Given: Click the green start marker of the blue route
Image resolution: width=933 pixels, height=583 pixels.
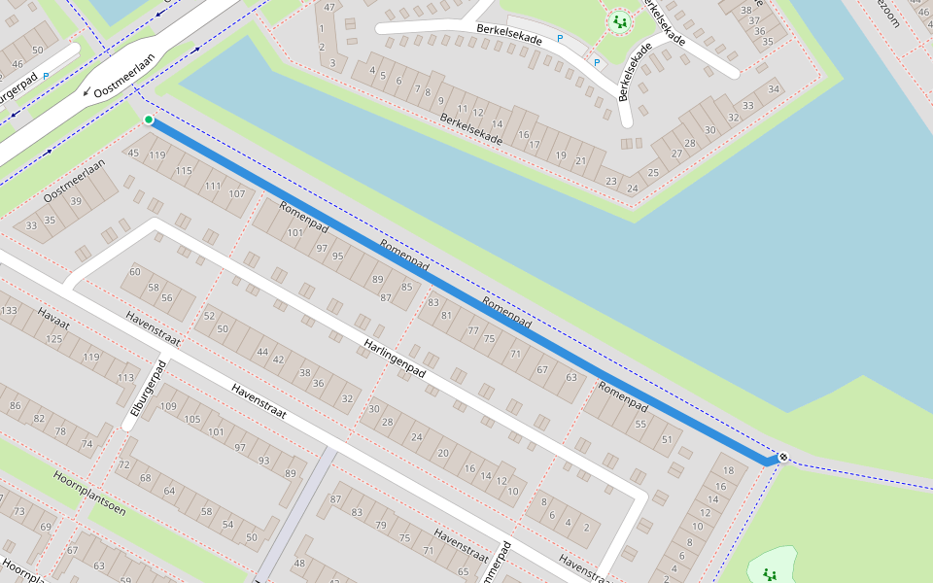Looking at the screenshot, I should coord(149,120).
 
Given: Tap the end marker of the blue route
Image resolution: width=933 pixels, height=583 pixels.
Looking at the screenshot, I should coord(782,458).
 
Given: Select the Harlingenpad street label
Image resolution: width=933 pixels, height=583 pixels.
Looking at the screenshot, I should coord(396,359).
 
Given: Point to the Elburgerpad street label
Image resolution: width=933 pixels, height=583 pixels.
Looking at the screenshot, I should coord(144,394).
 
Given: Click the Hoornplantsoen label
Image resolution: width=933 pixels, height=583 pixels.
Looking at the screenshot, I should coord(89,493).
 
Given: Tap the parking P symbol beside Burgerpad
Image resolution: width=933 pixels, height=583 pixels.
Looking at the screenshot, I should coord(46,76).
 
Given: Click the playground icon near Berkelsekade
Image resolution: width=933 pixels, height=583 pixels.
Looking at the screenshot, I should coord(619,21).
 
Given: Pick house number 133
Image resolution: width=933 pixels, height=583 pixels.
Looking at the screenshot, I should coord(9,311).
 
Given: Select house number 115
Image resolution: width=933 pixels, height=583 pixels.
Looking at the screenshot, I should coord(184,171).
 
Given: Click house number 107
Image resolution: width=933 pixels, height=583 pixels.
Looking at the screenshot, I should coord(236,194).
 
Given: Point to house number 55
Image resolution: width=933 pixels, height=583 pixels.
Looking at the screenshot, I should coord(640,425).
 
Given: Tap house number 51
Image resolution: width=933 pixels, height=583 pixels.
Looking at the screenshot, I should coord(667,439).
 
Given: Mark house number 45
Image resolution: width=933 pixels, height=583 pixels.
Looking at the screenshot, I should coord(134,154).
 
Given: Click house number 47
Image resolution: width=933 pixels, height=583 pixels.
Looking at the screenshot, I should coord(330,8).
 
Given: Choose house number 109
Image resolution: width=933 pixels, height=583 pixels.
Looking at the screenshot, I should coord(167,405).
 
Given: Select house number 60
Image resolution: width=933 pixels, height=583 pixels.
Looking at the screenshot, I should coord(135,272).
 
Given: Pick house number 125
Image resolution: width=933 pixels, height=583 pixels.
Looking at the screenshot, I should coord(54,338).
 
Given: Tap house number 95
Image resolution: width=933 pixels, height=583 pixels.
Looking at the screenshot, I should coord(337,257).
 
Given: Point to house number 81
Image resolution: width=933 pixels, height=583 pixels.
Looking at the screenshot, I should coord(447,315).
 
